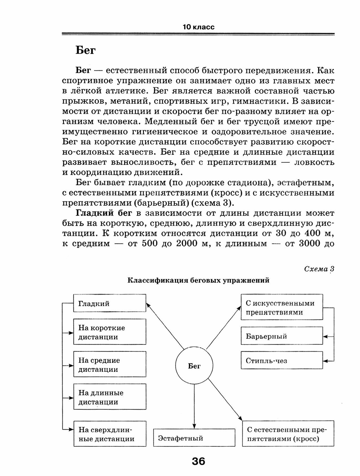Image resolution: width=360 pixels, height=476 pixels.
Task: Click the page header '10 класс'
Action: coord(198,27)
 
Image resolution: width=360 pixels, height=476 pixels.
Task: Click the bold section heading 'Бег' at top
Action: coord(86,51)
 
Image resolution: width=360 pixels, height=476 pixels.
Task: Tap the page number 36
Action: coord(198,462)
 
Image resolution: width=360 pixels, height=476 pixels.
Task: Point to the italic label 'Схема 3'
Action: coord(319,269)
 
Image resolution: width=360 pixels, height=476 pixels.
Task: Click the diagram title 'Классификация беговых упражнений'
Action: coord(198,280)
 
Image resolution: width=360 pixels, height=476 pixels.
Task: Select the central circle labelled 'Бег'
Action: coord(194,366)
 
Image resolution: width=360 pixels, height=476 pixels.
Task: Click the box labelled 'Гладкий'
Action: coord(109,303)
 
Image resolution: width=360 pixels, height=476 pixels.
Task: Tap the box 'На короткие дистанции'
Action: coord(109,332)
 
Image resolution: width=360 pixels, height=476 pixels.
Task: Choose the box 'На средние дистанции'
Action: coord(109,364)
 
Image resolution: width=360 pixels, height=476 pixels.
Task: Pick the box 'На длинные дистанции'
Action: coord(109,397)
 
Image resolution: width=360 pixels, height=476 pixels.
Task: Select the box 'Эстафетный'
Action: coord(194,438)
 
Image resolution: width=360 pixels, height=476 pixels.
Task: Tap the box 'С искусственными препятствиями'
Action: coord(282,307)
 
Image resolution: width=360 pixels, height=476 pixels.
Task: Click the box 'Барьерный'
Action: coord(282,336)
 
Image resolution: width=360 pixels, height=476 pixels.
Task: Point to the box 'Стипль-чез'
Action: coord(282,360)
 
